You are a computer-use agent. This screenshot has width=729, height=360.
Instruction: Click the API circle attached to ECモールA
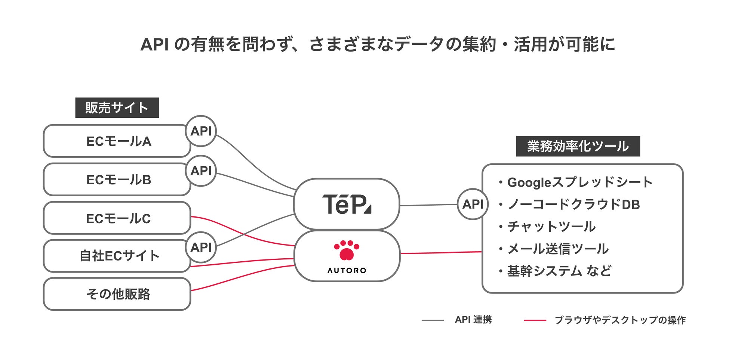pyautogui.click(x=201, y=131)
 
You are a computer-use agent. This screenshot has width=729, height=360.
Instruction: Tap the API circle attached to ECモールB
pyautogui.click(x=201, y=171)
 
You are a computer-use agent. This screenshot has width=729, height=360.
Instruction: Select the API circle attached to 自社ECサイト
pyautogui.click(x=201, y=247)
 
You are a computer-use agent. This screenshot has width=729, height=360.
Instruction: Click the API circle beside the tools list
pyautogui.click(x=473, y=204)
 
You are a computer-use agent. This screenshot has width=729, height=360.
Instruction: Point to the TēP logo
pyautogui.click(x=347, y=204)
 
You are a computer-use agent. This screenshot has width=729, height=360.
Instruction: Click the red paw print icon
pyautogui.click(x=347, y=250)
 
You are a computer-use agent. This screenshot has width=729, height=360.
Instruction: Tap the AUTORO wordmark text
pyautogui.click(x=347, y=270)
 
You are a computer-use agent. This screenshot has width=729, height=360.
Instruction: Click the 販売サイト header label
pyautogui.click(x=117, y=108)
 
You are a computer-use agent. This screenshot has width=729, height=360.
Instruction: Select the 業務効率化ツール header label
pyautogui.click(x=578, y=146)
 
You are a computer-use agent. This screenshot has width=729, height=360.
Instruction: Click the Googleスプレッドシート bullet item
pyautogui.click(x=579, y=182)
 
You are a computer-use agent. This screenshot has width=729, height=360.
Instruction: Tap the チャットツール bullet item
pyautogui.click(x=551, y=227)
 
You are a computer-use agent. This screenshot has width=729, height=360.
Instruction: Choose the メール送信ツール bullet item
pyautogui.click(x=557, y=249)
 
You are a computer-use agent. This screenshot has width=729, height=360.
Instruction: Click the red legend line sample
pyautogui.click(x=535, y=320)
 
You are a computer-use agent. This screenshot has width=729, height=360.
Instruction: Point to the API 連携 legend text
pyautogui.click(x=473, y=320)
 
